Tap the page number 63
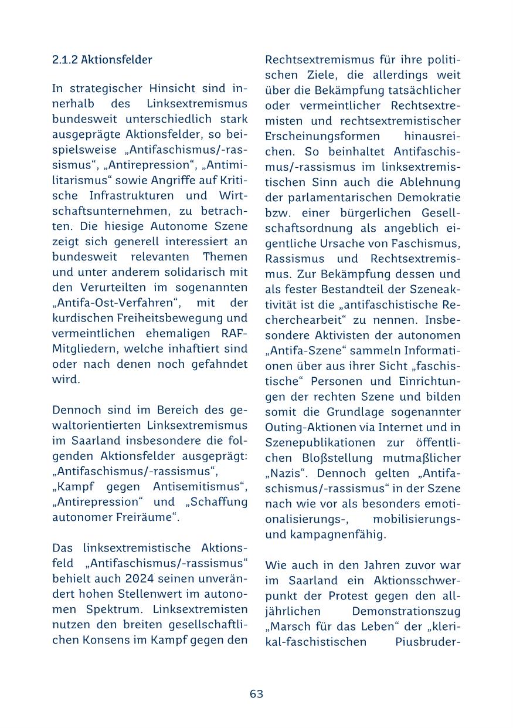(256, 694)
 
